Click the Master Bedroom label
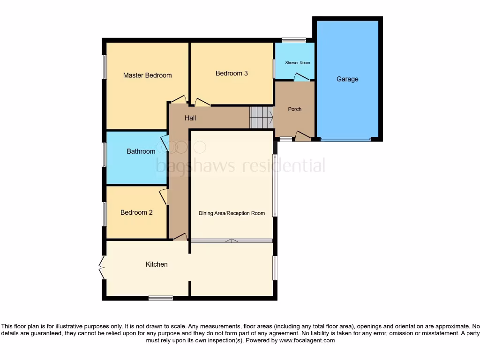pos(147,75)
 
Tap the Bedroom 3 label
pos(232,73)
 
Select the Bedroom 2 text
pos(136,212)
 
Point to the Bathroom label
pos(141,151)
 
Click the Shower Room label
pos(298,63)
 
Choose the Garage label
pos(347,79)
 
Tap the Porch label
pos(294,109)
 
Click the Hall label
pos(190,118)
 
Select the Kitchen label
pos(157,264)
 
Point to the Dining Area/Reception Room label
pos(232,213)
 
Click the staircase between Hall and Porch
pos(261,117)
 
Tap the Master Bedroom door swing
pos(179,99)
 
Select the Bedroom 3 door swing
pos(202,102)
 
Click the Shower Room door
pos(301,77)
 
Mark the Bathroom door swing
pos(164,142)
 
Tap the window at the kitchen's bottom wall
pos(160,298)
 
